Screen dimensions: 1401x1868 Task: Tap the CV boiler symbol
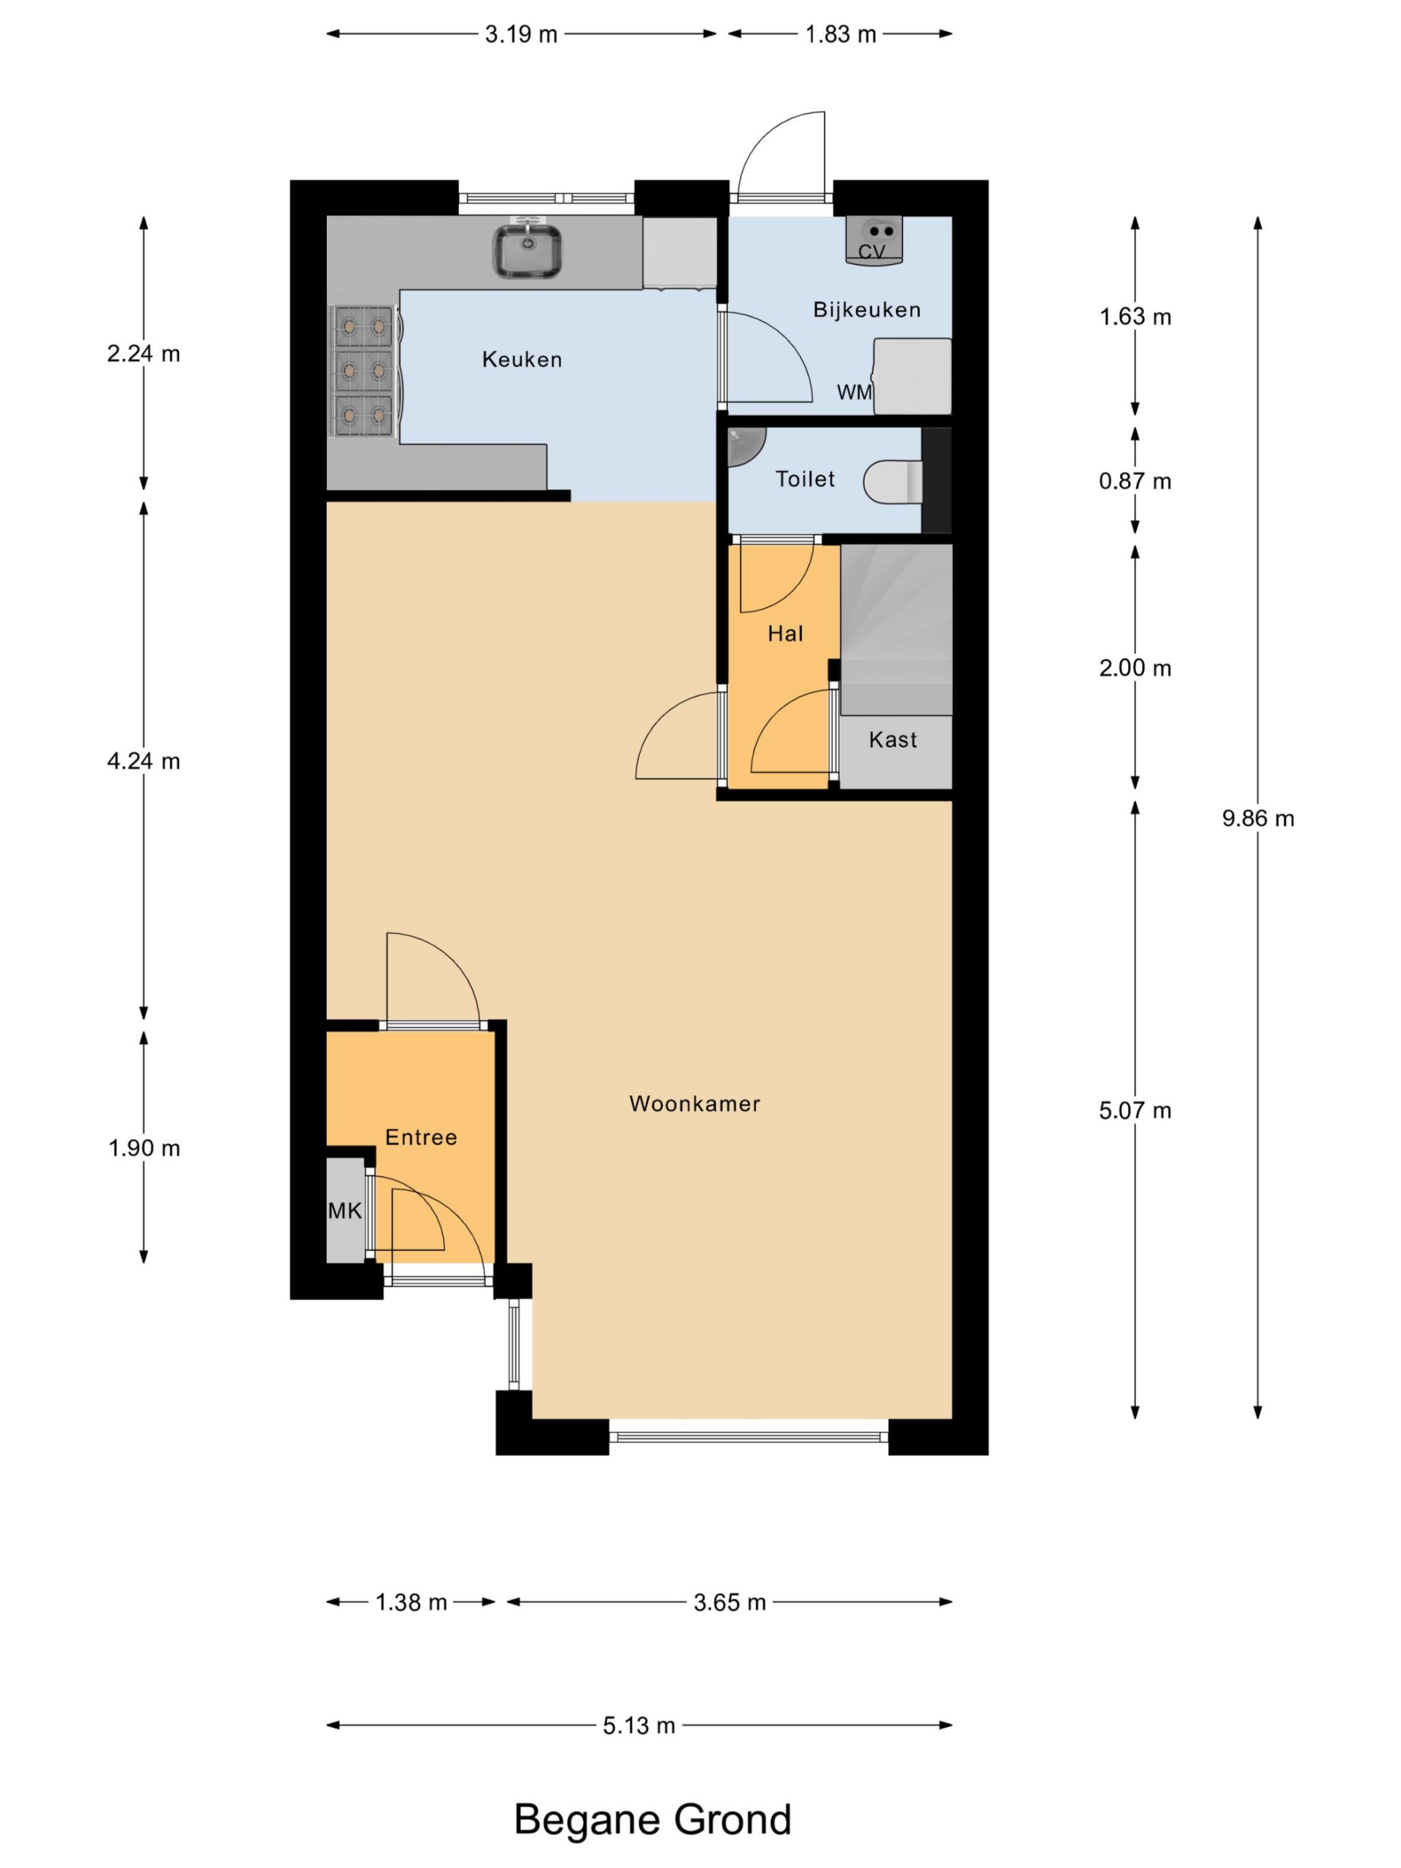874,241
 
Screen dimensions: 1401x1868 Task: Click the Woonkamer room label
694,1104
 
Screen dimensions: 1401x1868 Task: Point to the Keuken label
522,360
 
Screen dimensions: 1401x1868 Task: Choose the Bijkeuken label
866,310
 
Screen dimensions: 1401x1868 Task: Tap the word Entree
420,1138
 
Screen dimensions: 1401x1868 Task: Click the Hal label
784,634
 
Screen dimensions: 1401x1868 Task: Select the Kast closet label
892,740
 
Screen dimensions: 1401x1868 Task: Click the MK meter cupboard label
344,1211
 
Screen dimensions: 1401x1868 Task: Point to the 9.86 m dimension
1257,818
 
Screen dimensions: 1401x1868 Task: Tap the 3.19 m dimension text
521,34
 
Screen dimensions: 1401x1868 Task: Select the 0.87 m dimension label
1134,482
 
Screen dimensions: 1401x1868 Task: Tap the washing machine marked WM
912,377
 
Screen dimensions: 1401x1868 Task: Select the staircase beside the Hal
896,630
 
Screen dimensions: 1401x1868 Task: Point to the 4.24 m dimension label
144,762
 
